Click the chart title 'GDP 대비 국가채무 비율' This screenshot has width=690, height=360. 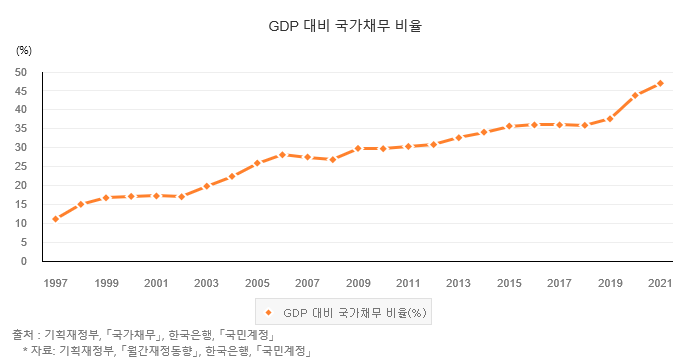[x=345, y=26]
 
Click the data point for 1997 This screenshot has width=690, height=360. [x=56, y=219]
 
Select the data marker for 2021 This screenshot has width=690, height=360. [x=660, y=83]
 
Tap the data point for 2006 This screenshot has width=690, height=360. [x=282, y=155]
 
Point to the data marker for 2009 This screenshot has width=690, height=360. [x=358, y=148]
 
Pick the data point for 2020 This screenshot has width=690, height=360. [x=635, y=96]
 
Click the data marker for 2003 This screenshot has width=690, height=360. [x=207, y=186]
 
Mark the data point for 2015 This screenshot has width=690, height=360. [x=509, y=126]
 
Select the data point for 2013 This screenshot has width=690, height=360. [x=459, y=138]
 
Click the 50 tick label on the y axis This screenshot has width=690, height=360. [x=21, y=72]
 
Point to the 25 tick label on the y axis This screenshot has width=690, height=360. [x=21, y=167]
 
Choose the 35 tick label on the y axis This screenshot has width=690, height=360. [x=21, y=129]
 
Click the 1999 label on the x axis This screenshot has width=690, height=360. [x=106, y=283]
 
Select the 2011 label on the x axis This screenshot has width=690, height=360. [x=408, y=283]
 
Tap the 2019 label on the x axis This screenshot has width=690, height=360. [x=610, y=283]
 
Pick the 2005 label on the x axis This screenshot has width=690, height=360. [x=257, y=283]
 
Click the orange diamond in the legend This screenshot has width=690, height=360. [x=269, y=312]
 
